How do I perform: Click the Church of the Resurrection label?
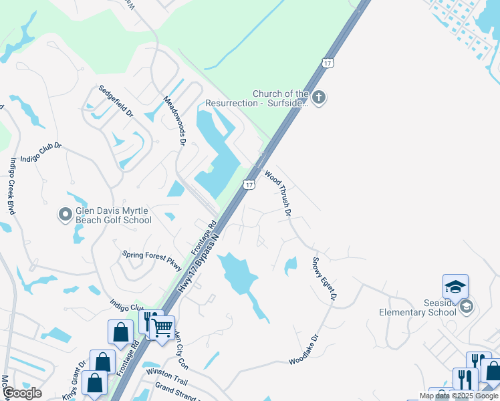[280, 99]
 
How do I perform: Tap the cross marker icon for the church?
[319, 98]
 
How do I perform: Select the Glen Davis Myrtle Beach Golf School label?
[112, 215]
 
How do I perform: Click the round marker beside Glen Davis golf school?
[65, 215]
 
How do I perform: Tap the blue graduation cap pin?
[455, 287]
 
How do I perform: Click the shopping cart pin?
[162, 327]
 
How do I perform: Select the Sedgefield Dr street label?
[116, 101]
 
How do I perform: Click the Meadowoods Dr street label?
[174, 120]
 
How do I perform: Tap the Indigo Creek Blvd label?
[12, 186]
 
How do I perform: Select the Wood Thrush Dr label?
[279, 194]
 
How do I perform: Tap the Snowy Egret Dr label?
[325, 279]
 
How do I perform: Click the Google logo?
[22, 393]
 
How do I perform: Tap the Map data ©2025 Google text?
[459, 396]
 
